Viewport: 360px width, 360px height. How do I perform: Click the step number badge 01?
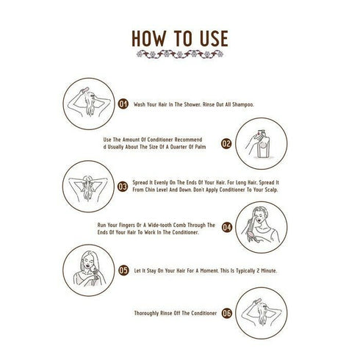tap(123, 104)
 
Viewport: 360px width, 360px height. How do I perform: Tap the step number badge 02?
tap(226, 143)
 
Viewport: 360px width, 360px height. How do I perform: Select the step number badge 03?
tap(123, 187)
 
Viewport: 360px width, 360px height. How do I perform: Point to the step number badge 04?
tap(227, 228)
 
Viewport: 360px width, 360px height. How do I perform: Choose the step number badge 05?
tap(123, 270)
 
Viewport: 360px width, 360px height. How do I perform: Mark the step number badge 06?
tap(227, 313)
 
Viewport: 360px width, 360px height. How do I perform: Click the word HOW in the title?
tap(148, 38)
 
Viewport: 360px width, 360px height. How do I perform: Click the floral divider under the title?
tap(180, 54)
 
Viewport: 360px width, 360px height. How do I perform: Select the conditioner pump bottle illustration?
tap(262, 144)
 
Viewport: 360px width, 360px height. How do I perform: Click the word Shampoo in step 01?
tap(243, 104)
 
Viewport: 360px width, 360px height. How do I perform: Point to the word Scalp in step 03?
tap(271, 190)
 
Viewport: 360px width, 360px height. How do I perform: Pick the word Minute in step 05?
tap(269, 270)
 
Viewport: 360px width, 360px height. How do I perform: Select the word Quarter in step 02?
tap(179, 147)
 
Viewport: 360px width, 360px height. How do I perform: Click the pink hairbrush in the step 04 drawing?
tap(253, 235)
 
